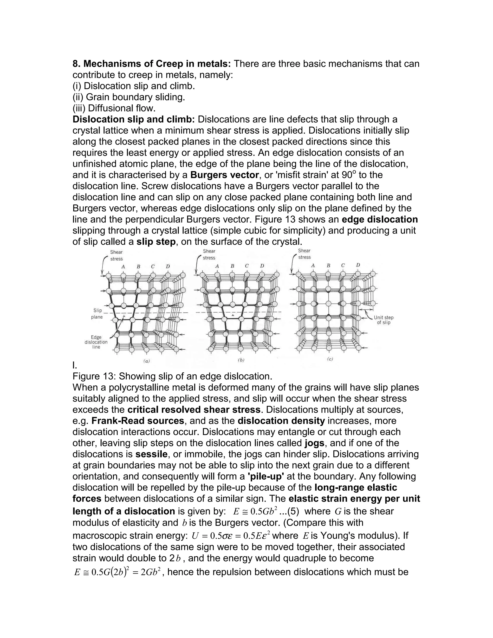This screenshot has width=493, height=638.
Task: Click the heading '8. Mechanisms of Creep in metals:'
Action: (152, 64)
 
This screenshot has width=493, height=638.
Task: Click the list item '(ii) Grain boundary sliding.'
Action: (129, 97)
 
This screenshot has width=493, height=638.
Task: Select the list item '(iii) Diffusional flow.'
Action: (114, 108)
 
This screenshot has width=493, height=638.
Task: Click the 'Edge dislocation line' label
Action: (96, 342)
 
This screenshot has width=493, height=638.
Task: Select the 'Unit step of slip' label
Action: (383, 320)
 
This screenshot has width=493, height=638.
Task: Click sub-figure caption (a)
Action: (146, 361)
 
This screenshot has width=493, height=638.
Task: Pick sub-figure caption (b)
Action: (241, 360)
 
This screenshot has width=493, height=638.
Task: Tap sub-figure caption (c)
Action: (330, 359)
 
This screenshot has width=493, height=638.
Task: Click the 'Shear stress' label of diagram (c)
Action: (304, 254)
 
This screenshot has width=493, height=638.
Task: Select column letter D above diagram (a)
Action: (168, 267)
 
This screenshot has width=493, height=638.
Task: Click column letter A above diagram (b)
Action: (217, 266)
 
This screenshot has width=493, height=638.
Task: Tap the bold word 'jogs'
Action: (314, 443)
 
